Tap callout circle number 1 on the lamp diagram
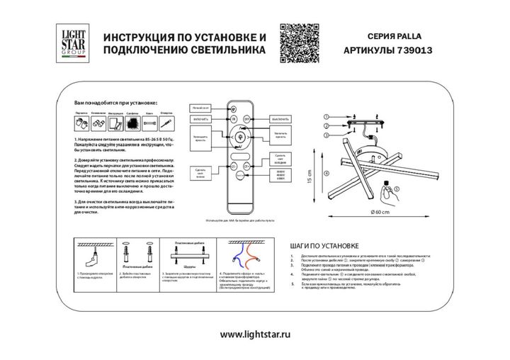[x=326, y=116]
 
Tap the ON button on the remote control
[x=233, y=120]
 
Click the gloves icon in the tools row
[x=81, y=123]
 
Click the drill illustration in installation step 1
[x=91, y=254]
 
